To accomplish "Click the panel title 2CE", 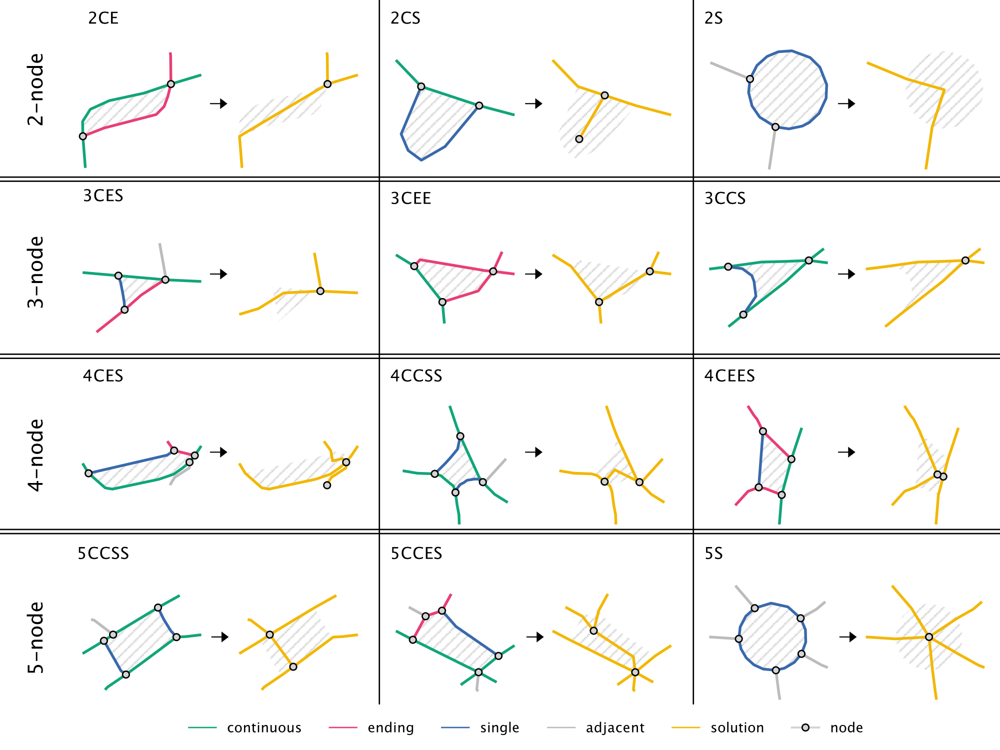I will (103, 18).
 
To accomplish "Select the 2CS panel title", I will (405, 18).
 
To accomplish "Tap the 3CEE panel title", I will (410, 198).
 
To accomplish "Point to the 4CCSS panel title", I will (416, 376).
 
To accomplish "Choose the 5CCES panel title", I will (416, 553).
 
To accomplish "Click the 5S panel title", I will (713, 553).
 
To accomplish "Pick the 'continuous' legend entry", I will (264, 727).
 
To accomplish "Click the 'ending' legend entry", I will (390, 727).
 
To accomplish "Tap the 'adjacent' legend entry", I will (615, 727).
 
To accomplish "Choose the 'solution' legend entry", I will (737, 727).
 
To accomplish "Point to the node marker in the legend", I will (805, 727).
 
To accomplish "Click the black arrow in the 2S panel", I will (846, 103).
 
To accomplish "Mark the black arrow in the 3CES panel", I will (218, 274).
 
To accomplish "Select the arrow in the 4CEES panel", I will (846, 452).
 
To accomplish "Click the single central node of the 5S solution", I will (928, 637).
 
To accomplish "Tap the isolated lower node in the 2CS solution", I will (579, 139).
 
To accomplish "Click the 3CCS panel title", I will (724, 198).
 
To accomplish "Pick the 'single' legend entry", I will (499, 727).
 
